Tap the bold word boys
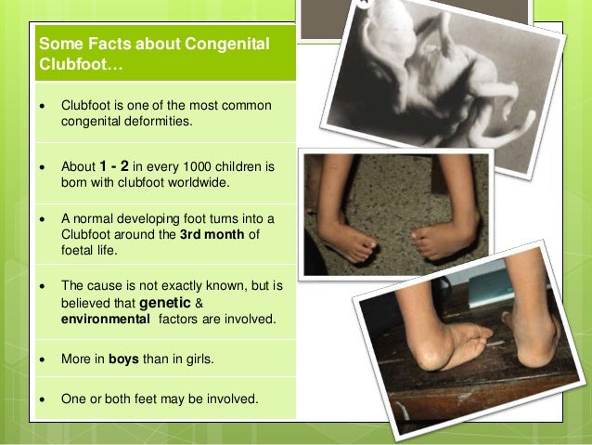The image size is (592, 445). point(124,360)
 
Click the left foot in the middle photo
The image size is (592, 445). point(354,243)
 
